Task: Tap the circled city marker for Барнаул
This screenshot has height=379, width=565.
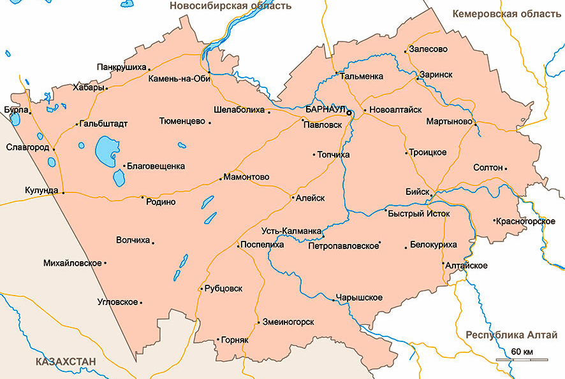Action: pyautogui.click(x=349, y=113)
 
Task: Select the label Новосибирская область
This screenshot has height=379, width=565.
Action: pyautogui.click(x=230, y=6)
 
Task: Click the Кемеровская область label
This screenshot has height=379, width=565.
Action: pyautogui.click(x=508, y=13)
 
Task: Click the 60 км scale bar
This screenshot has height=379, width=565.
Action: pyautogui.click(x=521, y=360)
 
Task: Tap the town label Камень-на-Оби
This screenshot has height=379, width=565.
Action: pyautogui.click(x=179, y=80)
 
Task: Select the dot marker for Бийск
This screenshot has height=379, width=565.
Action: pyautogui.click(x=432, y=196)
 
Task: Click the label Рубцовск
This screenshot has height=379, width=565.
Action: pyautogui.click(x=224, y=289)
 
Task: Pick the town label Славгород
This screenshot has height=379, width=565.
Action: pyautogui.click(x=27, y=147)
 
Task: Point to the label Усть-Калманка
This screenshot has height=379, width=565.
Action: pyautogui.click(x=291, y=230)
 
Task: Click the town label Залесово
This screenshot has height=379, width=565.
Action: pyautogui.click(x=429, y=49)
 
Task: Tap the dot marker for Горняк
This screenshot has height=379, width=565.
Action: pyautogui.click(x=218, y=340)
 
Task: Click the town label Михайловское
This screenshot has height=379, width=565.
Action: pyautogui.click(x=73, y=262)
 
